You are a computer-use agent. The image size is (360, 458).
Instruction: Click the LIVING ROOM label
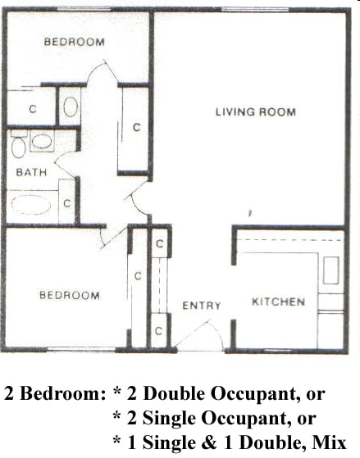(255, 112)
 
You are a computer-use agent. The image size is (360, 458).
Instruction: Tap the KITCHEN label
(278, 302)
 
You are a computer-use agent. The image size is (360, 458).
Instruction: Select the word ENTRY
(201, 306)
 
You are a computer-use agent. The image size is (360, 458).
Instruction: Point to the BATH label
(30, 172)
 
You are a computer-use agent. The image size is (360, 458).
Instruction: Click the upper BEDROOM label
(74, 42)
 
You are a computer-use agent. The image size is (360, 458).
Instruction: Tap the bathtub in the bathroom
(32, 205)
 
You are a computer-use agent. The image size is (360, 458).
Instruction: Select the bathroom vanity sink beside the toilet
(42, 140)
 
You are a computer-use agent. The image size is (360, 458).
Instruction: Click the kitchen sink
(330, 270)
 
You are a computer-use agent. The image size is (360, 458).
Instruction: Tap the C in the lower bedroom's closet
(138, 275)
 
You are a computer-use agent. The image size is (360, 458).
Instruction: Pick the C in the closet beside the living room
(137, 127)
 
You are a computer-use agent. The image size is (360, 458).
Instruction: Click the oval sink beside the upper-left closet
(71, 107)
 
